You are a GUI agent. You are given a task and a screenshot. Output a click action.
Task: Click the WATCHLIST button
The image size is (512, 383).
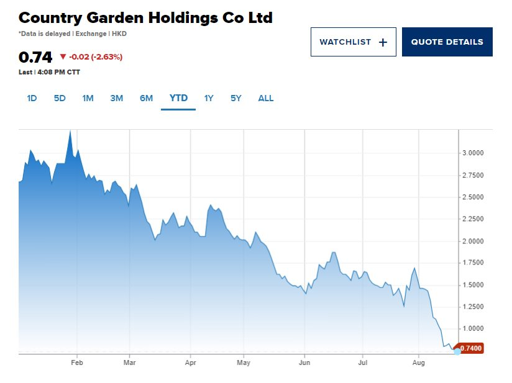point(353,42)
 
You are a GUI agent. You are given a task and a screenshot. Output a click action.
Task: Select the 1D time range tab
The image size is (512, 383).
point(32,98)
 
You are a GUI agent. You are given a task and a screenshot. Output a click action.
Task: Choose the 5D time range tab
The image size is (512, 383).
point(60,98)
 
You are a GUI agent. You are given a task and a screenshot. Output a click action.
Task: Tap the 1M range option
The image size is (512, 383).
point(88,98)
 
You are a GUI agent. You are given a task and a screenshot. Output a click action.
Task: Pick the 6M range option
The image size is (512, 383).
point(146,98)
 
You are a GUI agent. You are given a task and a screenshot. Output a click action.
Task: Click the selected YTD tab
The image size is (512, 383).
point(178,98)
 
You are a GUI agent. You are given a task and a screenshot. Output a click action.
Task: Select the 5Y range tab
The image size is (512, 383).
point(235,98)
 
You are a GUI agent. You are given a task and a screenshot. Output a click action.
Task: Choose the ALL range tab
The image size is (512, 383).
point(265,98)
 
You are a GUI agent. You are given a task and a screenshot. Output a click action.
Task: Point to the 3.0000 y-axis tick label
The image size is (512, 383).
point(473,153)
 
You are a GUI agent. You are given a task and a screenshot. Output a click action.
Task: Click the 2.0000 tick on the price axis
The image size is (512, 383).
point(473,241)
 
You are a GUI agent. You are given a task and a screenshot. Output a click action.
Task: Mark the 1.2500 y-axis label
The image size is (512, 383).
point(473,307)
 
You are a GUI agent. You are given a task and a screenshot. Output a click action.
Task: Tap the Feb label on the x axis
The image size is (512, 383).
point(77,362)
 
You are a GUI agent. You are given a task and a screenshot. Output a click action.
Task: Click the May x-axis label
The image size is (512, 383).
point(244,362)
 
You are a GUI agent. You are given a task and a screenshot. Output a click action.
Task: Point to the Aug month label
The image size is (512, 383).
point(419,362)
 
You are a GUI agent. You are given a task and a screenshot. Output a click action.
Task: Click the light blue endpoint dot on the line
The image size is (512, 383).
point(457,351)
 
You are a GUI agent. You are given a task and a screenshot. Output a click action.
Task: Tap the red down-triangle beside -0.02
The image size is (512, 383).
point(63,57)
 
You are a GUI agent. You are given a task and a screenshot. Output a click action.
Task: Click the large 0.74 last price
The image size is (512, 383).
point(35,58)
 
